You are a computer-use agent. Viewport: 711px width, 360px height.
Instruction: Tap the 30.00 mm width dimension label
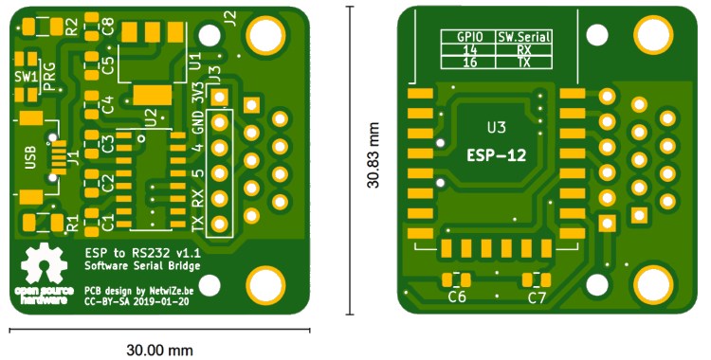pyautogui.click(x=159, y=350)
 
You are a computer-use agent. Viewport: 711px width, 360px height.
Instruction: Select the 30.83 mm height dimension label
pyautogui.click(x=374, y=155)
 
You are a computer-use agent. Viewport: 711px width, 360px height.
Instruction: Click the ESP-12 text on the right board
pyautogui.click(x=497, y=156)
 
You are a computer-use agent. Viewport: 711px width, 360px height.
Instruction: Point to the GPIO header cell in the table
pyautogui.click(x=469, y=37)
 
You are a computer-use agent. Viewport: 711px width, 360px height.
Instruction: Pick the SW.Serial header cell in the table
pyautogui.click(x=524, y=37)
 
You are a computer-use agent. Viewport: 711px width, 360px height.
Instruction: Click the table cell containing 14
pyautogui.click(x=469, y=49)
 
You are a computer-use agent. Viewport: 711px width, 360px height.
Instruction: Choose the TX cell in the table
pyautogui.click(x=524, y=63)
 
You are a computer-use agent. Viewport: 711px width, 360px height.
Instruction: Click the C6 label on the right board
pyautogui.click(x=457, y=297)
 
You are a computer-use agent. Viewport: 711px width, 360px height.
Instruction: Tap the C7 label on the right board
pyautogui.click(x=537, y=297)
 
